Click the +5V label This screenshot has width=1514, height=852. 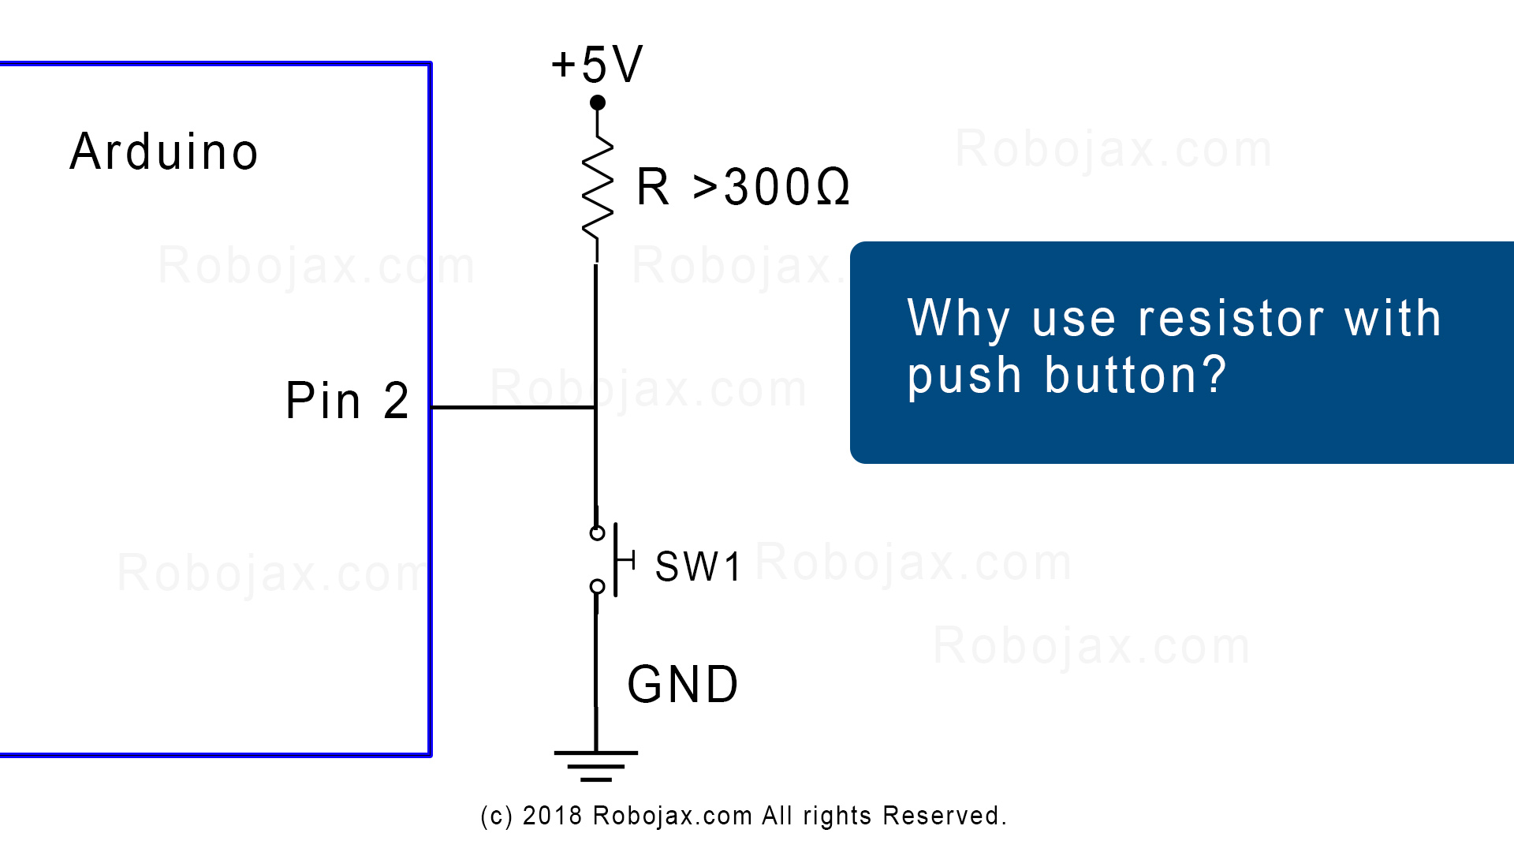[x=597, y=64]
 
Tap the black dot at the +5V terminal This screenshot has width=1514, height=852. [x=598, y=103]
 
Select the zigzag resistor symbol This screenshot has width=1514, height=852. [x=598, y=186]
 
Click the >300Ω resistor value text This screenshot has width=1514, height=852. [x=771, y=188]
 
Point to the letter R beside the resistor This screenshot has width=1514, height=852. [x=653, y=188]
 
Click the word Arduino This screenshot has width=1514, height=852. [x=164, y=151]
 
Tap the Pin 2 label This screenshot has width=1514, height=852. [x=347, y=401]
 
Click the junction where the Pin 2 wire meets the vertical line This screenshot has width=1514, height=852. [x=595, y=408]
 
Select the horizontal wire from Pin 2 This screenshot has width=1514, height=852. [x=513, y=408]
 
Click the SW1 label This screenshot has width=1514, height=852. [x=698, y=566]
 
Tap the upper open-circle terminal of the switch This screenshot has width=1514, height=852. [x=597, y=533]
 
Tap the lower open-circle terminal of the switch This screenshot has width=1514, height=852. [x=597, y=587]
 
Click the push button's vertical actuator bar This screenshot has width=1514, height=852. [x=616, y=559]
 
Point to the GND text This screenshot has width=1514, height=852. [x=683, y=684]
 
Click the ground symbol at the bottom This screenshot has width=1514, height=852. [x=596, y=766]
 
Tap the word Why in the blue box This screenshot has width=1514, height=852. [x=959, y=320]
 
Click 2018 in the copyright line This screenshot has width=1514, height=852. [x=552, y=816]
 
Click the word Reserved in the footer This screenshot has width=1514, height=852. [x=942, y=816]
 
